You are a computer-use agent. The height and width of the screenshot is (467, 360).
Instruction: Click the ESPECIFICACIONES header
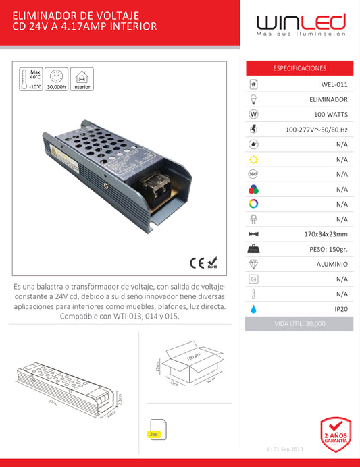(299, 68)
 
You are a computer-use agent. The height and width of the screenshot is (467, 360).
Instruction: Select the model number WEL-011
(334, 84)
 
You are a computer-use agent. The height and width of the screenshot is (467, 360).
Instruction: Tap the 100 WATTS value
(330, 114)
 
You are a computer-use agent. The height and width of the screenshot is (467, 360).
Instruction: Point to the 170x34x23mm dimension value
(326, 234)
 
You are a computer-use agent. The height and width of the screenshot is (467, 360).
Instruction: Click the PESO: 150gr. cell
(328, 249)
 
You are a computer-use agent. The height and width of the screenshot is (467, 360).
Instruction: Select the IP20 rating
(339, 308)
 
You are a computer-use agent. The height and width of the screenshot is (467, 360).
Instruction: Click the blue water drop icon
(253, 308)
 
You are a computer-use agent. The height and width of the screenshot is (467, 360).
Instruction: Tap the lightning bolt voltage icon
(253, 129)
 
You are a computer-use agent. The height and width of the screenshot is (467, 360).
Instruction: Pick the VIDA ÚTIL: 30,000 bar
(299, 324)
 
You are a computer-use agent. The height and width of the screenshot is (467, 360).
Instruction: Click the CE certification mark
(193, 262)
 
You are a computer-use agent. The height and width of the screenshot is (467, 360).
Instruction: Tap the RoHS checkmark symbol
(212, 261)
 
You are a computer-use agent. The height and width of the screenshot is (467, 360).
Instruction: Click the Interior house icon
(82, 78)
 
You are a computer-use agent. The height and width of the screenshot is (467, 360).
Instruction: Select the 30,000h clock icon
(56, 77)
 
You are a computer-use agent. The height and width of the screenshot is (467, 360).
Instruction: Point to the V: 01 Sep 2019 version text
(286, 449)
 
